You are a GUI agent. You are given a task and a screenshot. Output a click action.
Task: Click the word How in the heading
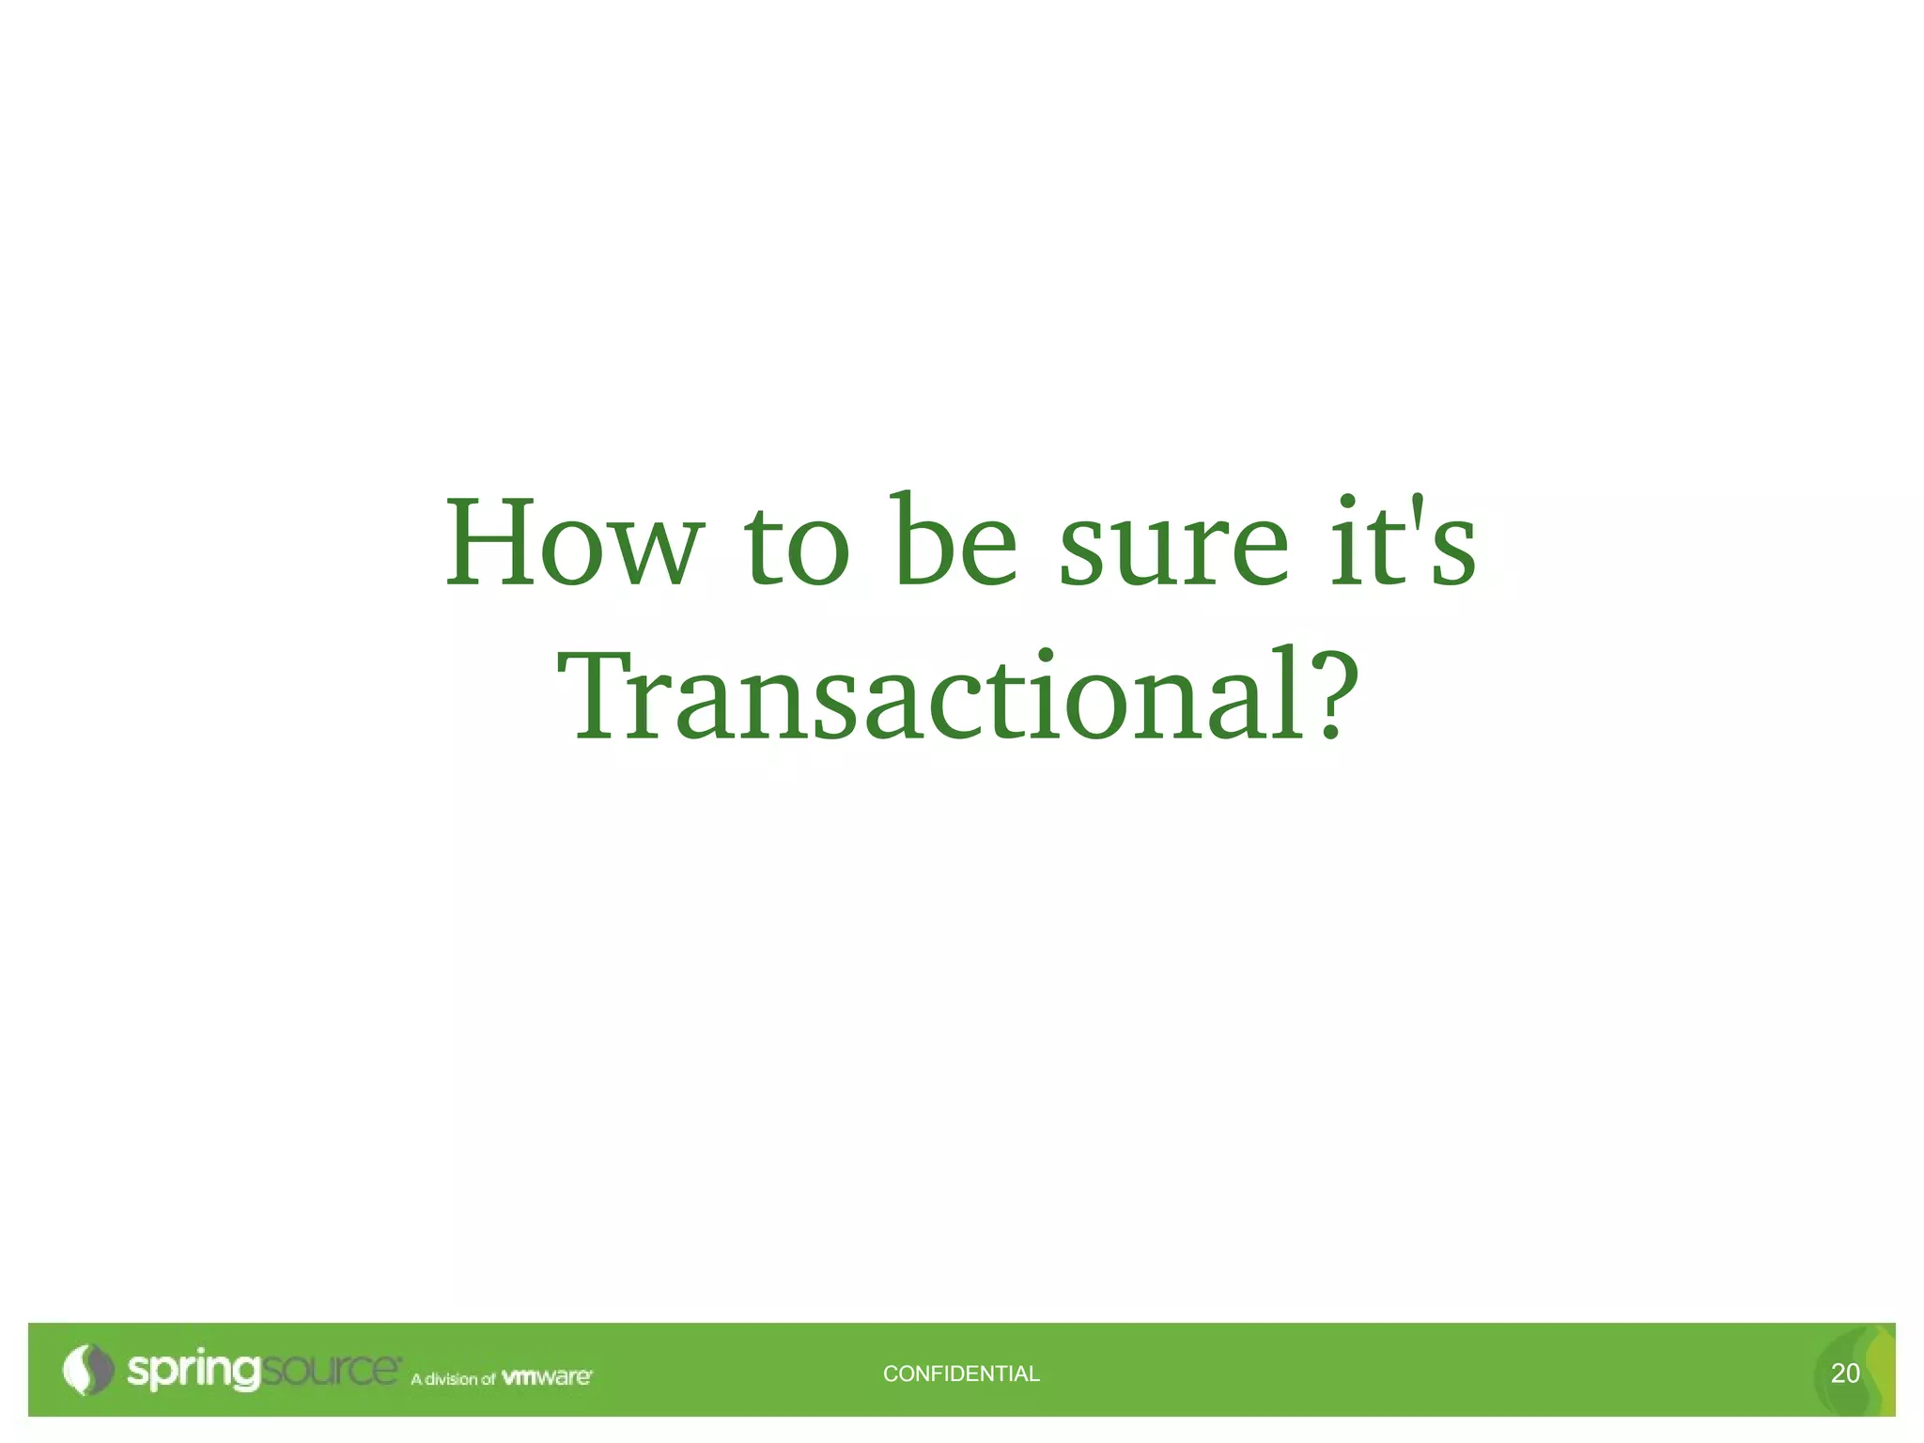tap(573, 545)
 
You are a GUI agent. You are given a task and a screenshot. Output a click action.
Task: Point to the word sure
tap(1173, 549)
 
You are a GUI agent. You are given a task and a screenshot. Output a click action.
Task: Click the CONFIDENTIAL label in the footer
tap(961, 1373)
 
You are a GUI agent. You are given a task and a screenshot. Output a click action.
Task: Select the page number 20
tap(1845, 1373)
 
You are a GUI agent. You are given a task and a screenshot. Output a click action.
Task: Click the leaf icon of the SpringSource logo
tap(87, 1370)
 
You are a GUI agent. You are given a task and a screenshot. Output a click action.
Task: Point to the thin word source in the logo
tap(329, 1370)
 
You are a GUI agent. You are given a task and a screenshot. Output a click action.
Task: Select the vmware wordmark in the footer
tap(547, 1377)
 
